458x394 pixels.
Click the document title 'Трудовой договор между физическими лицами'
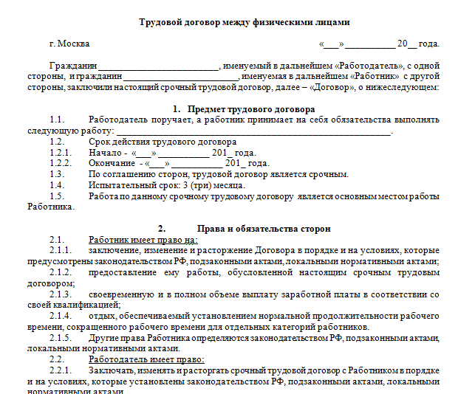(234, 23)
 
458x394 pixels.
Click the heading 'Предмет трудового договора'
(242, 108)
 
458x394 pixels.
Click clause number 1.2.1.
(60, 152)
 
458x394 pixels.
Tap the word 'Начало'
(106, 152)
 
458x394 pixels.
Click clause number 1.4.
(57, 185)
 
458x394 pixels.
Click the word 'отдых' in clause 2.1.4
(101, 317)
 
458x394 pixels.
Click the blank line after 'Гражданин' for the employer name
(159, 65)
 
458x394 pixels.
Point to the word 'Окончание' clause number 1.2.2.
(60, 163)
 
